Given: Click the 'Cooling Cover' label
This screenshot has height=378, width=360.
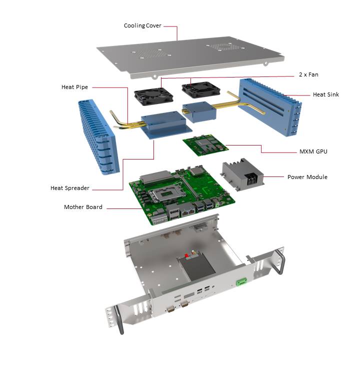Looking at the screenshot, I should point(142,25).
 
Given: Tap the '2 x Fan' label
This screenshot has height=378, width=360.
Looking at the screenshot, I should point(306,74).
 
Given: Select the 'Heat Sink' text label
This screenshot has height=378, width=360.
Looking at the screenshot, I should point(325,94).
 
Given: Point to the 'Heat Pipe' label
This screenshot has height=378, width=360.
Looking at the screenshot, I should point(74,87).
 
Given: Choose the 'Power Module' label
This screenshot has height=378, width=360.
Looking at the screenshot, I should point(307,177).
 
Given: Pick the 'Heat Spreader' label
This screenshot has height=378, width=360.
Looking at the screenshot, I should point(70,188).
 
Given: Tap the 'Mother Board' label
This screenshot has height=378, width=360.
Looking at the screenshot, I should point(83,207).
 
